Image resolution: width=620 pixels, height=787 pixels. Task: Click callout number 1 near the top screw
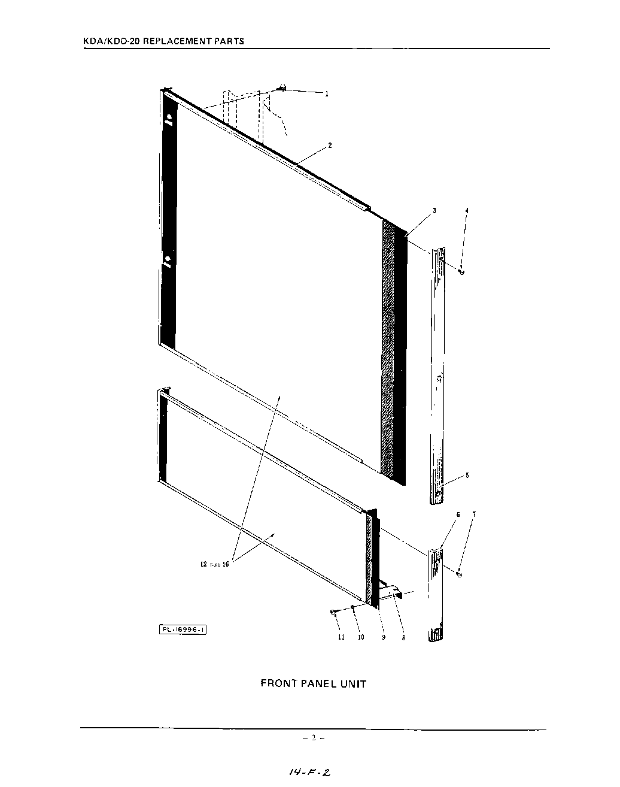tap(327, 94)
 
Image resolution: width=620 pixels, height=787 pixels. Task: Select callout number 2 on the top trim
tap(330, 146)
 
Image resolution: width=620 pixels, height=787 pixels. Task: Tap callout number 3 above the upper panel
tap(434, 211)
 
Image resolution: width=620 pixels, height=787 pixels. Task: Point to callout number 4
tap(467, 211)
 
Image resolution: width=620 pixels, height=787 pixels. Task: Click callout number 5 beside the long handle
tap(467, 476)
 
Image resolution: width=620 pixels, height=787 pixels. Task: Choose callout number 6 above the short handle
tap(458, 514)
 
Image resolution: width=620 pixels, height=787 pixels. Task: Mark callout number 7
tap(474, 514)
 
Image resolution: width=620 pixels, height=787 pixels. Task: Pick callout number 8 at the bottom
tap(403, 638)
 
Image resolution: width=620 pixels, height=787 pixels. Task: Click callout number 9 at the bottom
tap(384, 638)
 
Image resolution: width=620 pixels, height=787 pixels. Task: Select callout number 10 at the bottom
tap(361, 638)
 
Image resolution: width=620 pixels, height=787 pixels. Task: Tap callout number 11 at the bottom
tap(341, 638)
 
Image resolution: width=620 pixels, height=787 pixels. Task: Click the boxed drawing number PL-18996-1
tap(183, 629)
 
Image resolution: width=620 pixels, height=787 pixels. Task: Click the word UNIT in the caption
tap(353, 683)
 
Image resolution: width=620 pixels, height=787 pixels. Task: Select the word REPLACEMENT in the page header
tap(178, 41)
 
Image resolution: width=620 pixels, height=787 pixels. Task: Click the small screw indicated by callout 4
tap(461, 273)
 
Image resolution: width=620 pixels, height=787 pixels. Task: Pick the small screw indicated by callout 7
tap(459, 574)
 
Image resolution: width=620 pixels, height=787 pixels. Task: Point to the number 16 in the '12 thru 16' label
tap(226, 564)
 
